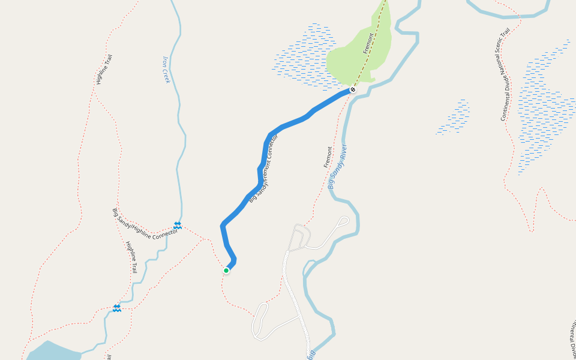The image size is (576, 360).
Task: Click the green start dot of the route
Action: coord(226,271)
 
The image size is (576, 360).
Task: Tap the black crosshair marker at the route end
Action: coord(353,89)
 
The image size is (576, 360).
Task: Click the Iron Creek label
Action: coord(167,69)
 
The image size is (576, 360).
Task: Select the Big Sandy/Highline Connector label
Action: coord(145,222)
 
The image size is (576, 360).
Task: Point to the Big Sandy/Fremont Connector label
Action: coord(265,169)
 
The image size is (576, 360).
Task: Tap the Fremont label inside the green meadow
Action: coord(368,43)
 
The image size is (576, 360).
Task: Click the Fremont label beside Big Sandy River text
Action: coord(328,157)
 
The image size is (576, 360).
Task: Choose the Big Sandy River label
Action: coord(338,166)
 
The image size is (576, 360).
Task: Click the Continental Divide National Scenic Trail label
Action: coord(505,73)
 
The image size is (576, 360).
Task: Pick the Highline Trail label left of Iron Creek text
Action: coord(104,69)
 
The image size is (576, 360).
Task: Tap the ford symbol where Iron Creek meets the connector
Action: coord(178,225)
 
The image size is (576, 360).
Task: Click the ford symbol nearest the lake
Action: coord(116,308)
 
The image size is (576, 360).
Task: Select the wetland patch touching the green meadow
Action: coord(303,57)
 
